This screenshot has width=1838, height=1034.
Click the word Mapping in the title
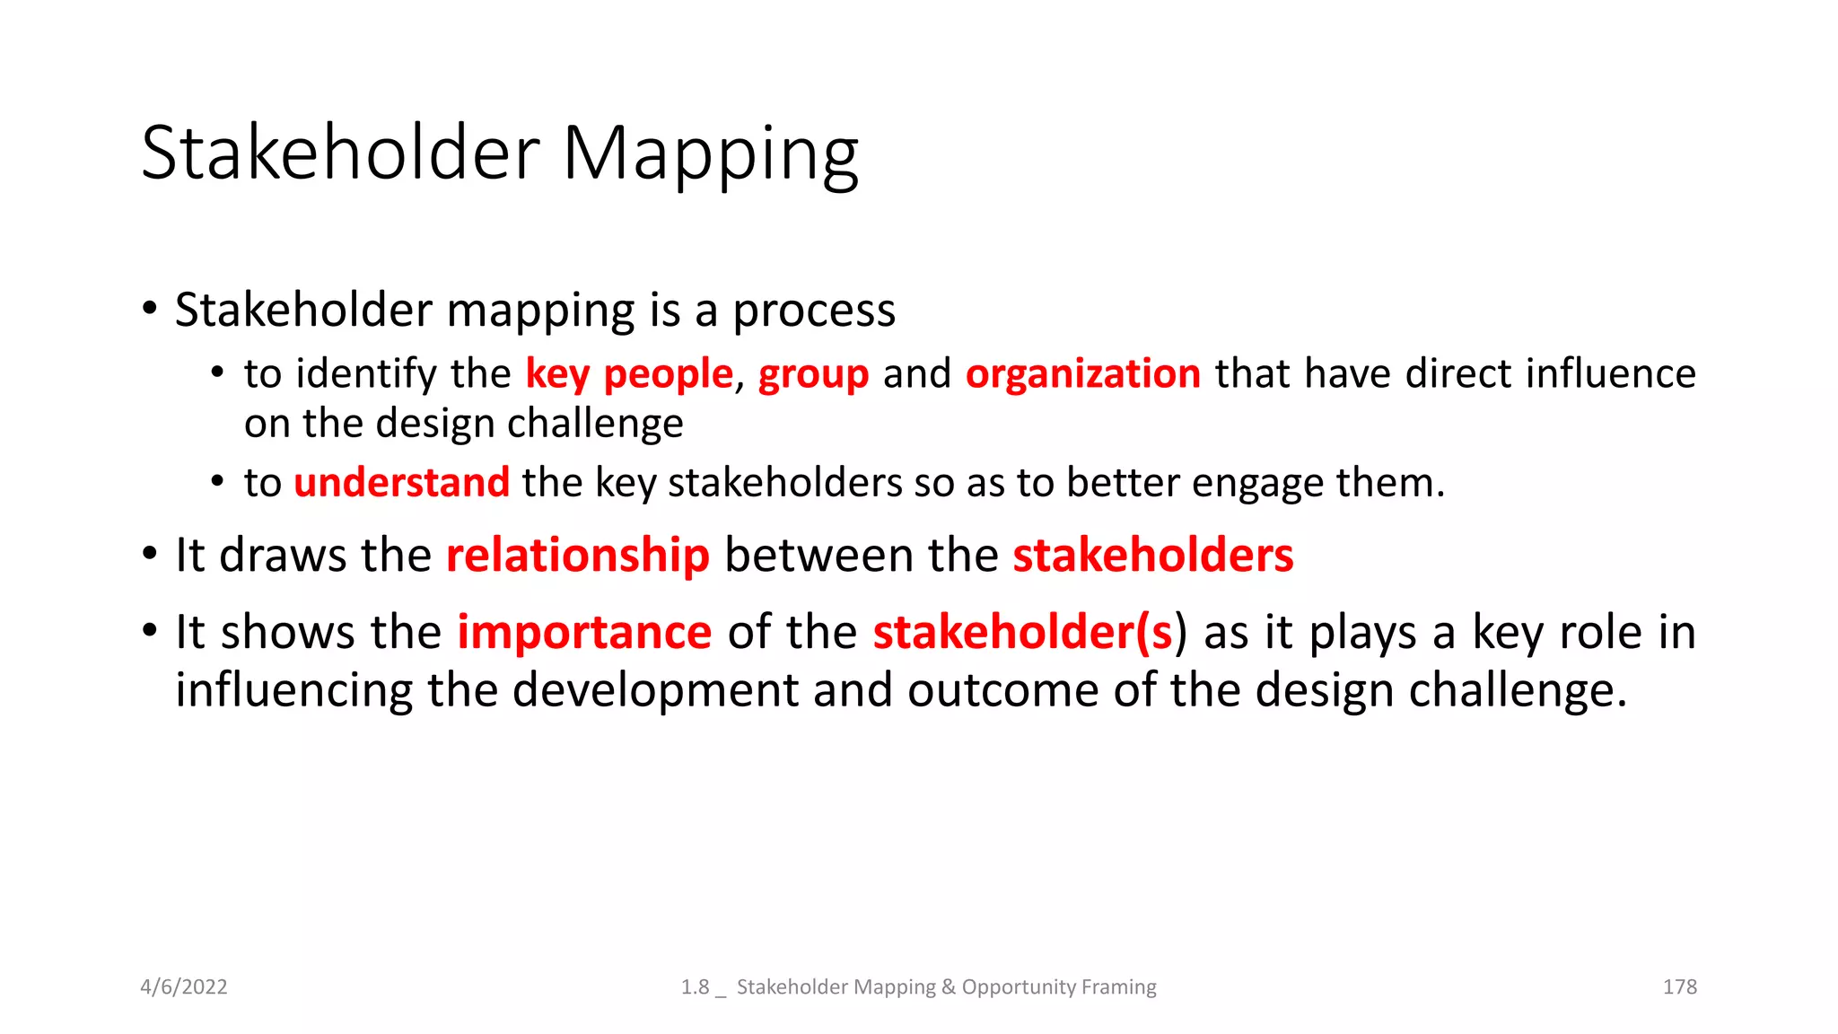pyautogui.click(x=710, y=154)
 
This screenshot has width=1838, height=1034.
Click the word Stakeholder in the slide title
pyautogui.click(x=340, y=153)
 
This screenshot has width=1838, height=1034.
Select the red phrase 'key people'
pyautogui.click(x=628, y=373)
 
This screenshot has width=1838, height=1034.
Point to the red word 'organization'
pyautogui.click(x=1082, y=374)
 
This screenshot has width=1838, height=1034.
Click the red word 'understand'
pyautogui.click(x=401, y=483)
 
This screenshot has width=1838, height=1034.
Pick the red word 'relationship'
pyautogui.click(x=577, y=556)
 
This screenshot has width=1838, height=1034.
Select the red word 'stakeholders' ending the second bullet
pyautogui.click(x=1152, y=556)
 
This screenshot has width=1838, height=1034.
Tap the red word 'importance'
pyautogui.click(x=584, y=632)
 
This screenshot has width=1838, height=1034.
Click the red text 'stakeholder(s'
pyautogui.click(x=1022, y=632)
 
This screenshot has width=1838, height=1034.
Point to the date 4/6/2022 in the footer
pyautogui.click(x=184, y=987)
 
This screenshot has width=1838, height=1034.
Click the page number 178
pyautogui.click(x=1679, y=987)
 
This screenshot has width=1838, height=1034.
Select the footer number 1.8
pyautogui.click(x=695, y=987)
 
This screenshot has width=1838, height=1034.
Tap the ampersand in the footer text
pyautogui.click(x=949, y=987)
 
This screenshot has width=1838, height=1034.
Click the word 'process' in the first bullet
pyautogui.click(x=813, y=311)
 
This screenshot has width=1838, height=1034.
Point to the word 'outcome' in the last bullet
pyautogui.click(x=1002, y=690)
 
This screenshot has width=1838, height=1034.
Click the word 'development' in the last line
pyautogui.click(x=655, y=690)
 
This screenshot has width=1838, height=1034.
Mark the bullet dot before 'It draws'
pyautogui.click(x=150, y=554)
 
